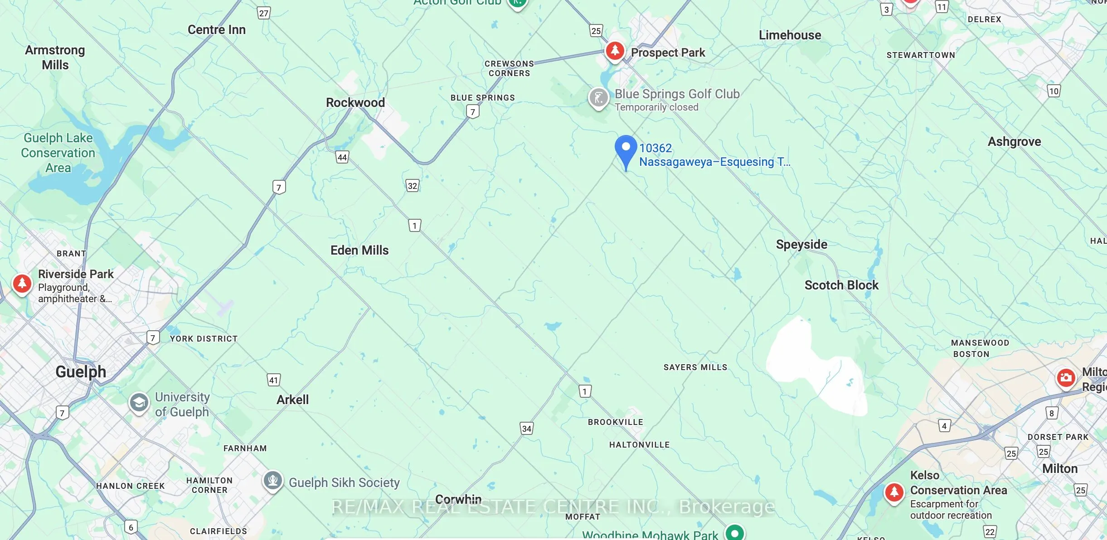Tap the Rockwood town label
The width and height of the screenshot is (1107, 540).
pyautogui.click(x=355, y=102)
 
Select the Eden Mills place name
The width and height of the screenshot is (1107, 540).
pyautogui.click(x=359, y=250)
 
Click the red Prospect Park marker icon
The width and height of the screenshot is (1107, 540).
pyautogui.click(x=615, y=50)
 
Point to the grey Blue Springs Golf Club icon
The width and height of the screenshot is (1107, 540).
pyautogui.click(x=598, y=97)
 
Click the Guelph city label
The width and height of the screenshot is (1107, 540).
pyautogui.click(x=81, y=372)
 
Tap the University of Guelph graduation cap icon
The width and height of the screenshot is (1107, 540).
pyautogui.click(x=139, y=402)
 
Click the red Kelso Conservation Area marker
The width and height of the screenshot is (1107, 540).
pyautogui.click(x=894, y=492)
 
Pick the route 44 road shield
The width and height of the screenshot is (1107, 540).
pyautogui.click(x=342, y=157)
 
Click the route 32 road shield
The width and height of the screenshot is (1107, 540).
pyautogui.click(x=412, y=186)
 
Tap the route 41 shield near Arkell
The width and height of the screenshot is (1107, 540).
pyautogui.click(x=273, y=380)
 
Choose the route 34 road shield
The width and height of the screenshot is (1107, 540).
pyautogui.click(x=526, y=429)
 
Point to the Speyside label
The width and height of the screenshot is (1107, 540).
pyautogui.click(x=801, y=245)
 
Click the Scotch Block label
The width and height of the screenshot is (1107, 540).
pyautogui.click(x=841, y=285)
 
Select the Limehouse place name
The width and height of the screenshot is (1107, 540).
pyautogui.click(x=790, y=35)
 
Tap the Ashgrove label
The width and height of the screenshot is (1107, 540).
pyautogui.click(x=1014, y=141)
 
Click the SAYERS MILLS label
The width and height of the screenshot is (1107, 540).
pyautogui.click(x=695, y=367)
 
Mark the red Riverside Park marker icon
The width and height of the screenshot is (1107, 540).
pyautogui.click(x=22, y=283)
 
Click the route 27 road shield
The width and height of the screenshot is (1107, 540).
pyautogui.click(x=263, y=13)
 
